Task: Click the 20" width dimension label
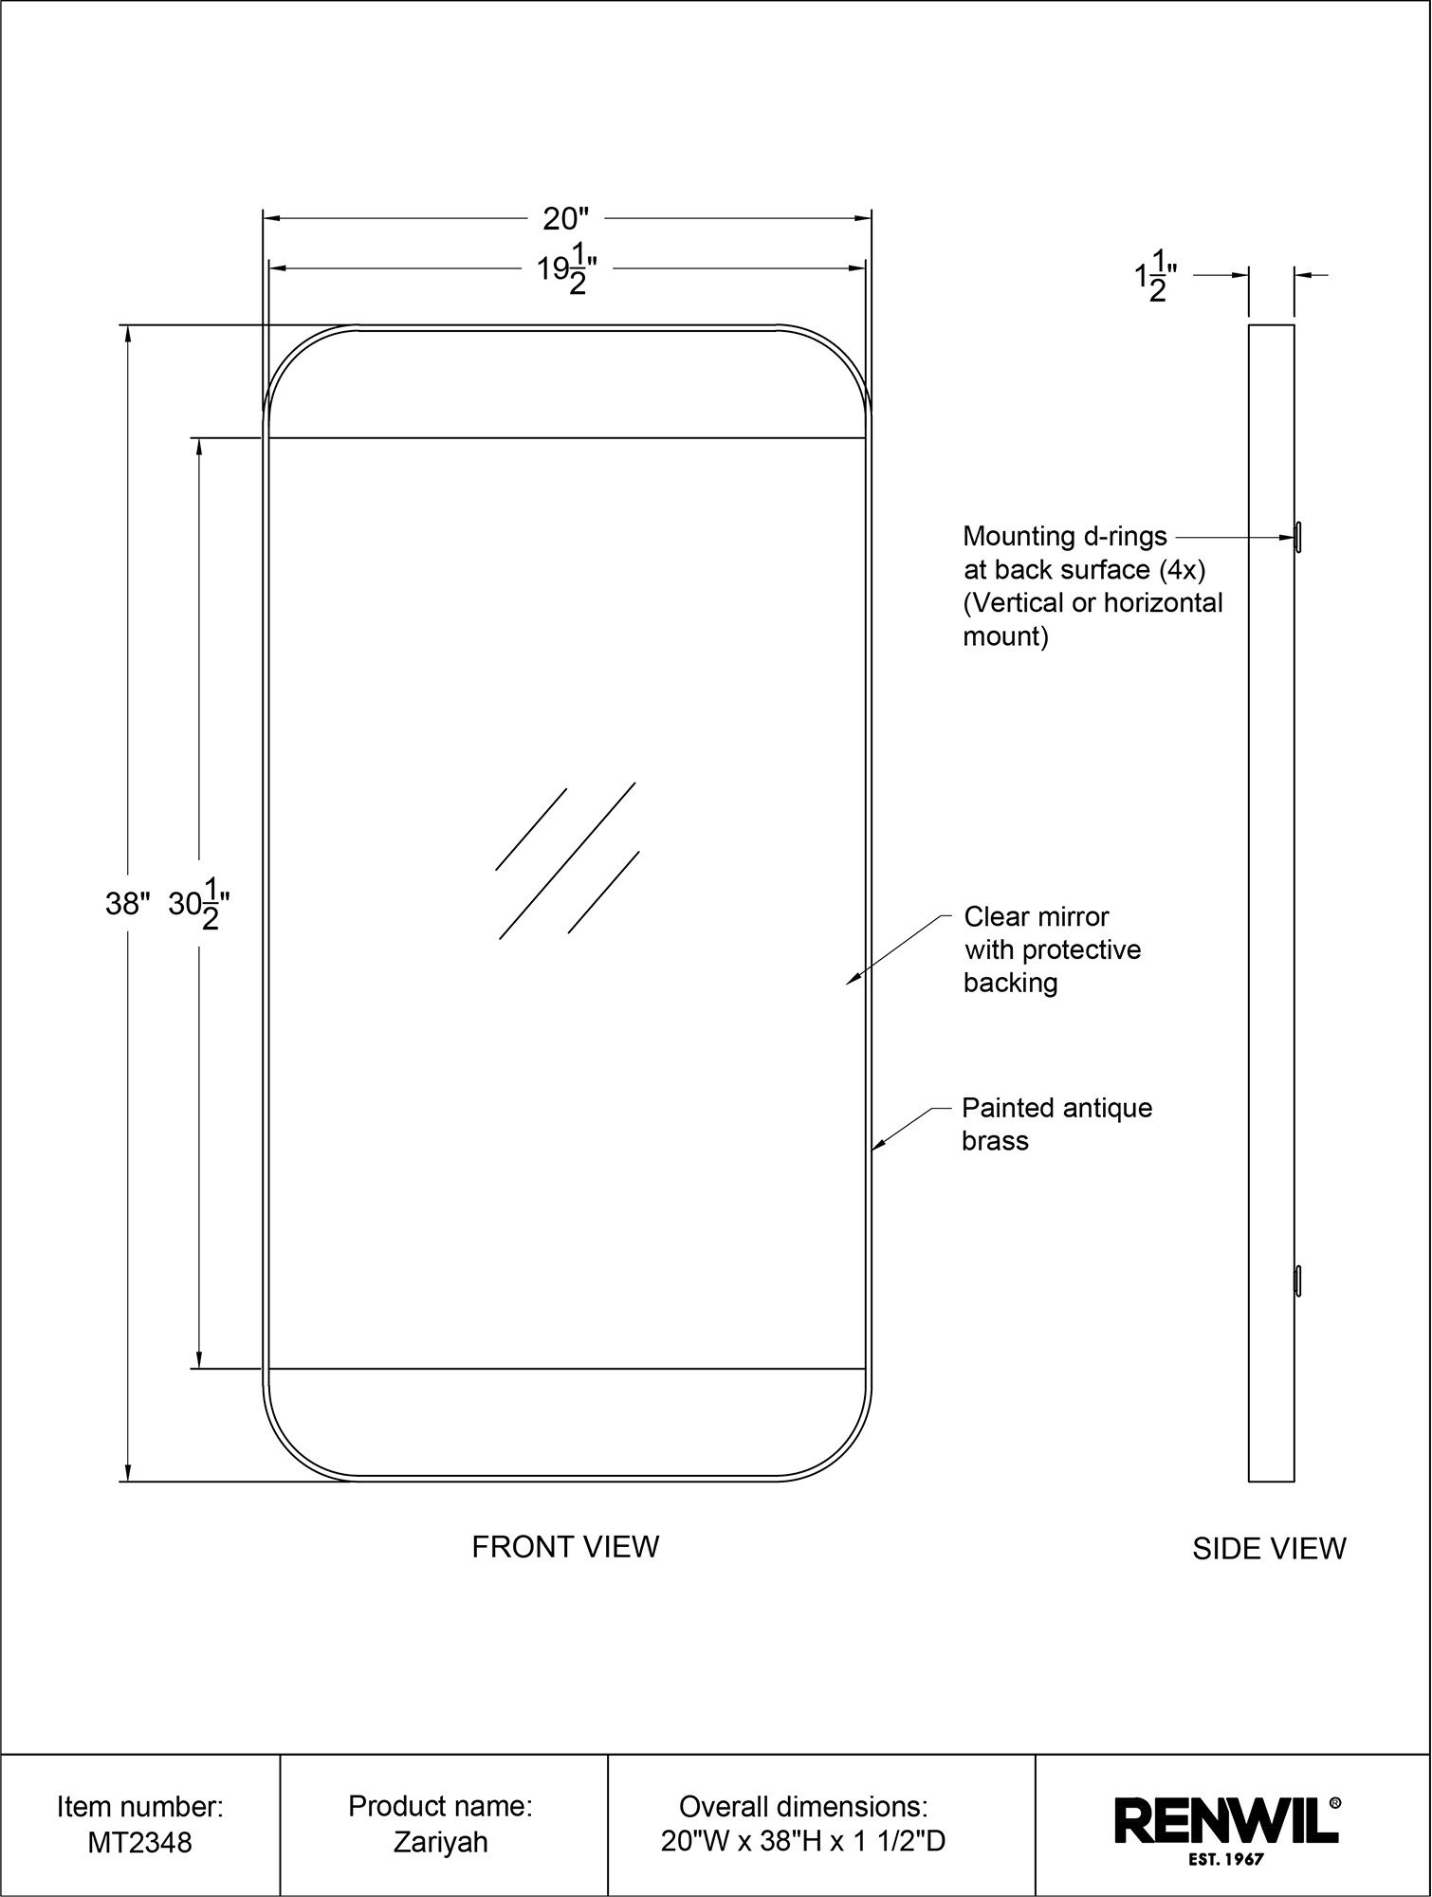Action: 566,219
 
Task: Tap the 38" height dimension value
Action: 128,905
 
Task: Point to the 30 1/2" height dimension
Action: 200,904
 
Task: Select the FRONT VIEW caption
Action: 565,1547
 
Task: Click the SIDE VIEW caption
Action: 1269,1549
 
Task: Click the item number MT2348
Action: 139,1842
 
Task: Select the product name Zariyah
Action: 441,1842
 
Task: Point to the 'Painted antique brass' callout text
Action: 1056,1124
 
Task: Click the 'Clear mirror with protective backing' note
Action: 1052,949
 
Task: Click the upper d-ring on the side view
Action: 1297,537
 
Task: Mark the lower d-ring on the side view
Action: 1297,1280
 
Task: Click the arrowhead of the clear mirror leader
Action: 850,982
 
